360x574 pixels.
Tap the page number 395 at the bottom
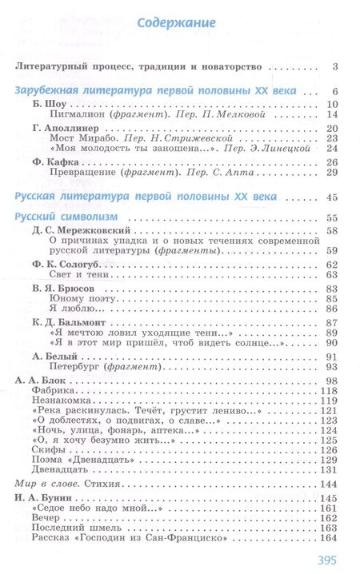tap(328, 560)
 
